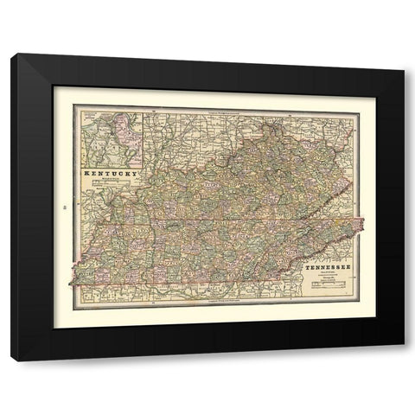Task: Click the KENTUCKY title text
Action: click(110, 176)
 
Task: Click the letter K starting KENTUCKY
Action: click(85, 176)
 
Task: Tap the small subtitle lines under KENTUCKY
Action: click(110, 184)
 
